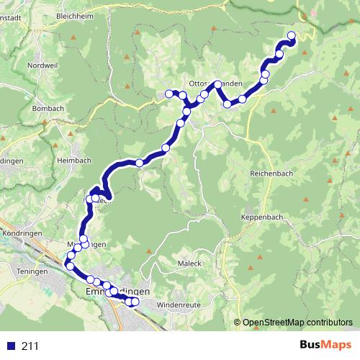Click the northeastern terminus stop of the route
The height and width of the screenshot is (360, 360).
(x=292, y=35)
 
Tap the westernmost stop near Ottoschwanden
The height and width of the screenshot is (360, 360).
(x=170, y=93)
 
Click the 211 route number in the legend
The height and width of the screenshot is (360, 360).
(x=30, y=346)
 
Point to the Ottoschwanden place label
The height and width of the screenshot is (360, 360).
(x=215, y=84)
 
